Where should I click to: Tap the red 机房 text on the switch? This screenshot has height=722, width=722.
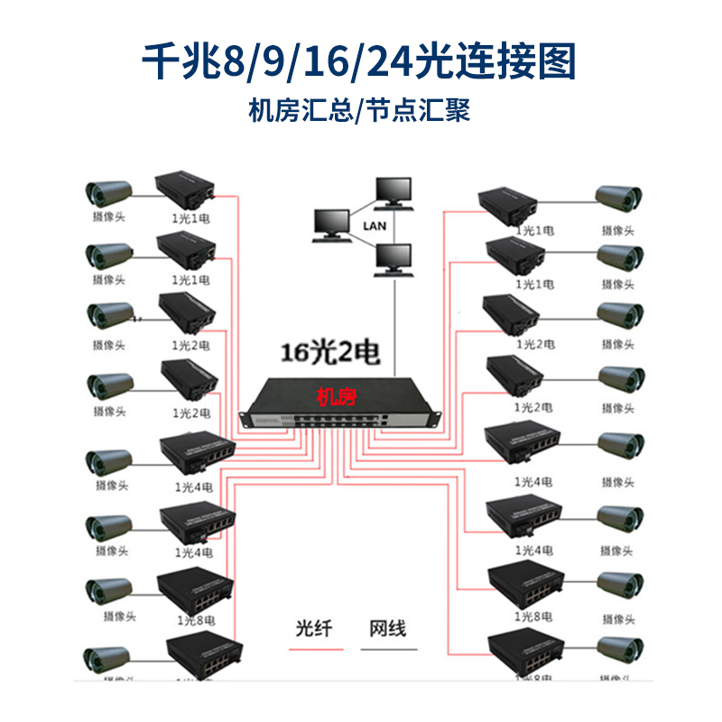pos(334,393)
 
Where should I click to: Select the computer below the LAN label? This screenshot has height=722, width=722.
pos(393,260)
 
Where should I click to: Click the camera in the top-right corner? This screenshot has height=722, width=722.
pos(618,199)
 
